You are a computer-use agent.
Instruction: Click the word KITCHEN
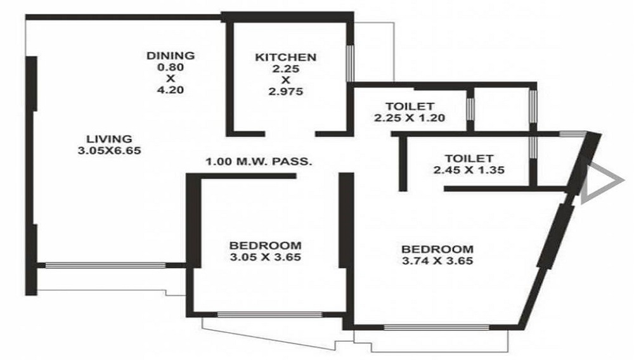(x=285, y=58)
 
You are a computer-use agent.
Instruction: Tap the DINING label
(x=171, y=55)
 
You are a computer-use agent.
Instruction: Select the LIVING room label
(x=109, y=139)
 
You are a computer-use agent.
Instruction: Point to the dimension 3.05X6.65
(x=109, y=151)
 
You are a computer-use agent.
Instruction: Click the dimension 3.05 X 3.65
(x=265, y=257)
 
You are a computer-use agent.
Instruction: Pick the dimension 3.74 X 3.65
(x=437, y=260)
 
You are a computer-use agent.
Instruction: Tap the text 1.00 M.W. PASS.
(x=259, y=162)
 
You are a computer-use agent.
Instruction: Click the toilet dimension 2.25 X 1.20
(x=410, y=118)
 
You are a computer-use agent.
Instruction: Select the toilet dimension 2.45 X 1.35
(x=469, y=170)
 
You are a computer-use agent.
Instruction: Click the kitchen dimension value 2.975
(x=285, y=92)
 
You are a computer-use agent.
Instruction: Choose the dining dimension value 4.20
(x=170, y=90)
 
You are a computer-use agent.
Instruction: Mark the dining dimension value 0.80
(x=170, y=67)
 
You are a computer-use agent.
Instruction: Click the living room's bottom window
(x=105, y=266)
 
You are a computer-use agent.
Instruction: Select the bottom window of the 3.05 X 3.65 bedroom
(x=269, y=314)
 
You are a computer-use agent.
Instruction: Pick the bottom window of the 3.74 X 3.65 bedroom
(x=436, y=327)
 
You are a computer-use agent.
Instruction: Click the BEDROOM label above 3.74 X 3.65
(x=437, y=249)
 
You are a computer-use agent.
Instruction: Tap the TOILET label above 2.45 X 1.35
(x=469, y=158)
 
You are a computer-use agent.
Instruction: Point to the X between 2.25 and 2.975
(x=285, y=80)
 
